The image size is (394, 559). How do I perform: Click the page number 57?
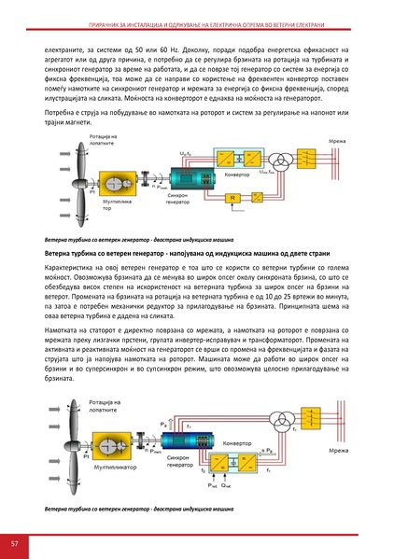15,543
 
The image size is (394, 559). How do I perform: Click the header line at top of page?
197,11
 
